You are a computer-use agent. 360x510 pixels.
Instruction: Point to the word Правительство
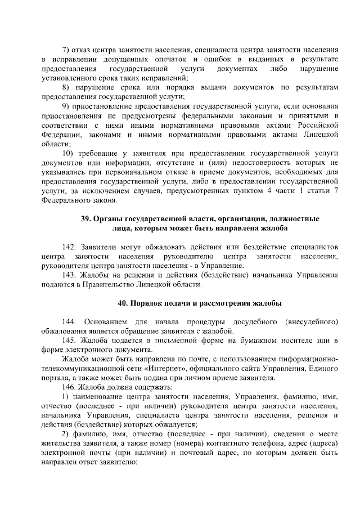pos(87,285)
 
